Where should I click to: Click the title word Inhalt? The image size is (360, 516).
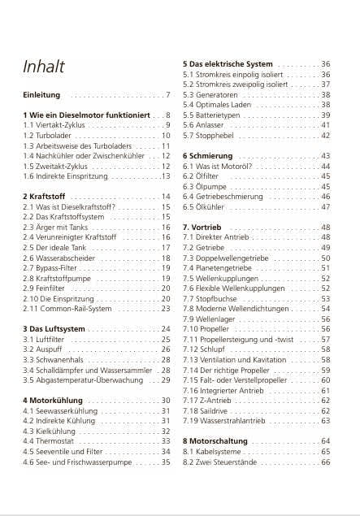click(x=44, y=67)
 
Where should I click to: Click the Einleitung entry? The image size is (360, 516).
click(x=41, y=95)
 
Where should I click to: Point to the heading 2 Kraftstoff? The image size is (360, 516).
click(x=46, y=197)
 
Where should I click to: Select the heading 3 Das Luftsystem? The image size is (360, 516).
click(x=54, y=328)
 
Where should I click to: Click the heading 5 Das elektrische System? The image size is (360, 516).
click(x=228, y=63)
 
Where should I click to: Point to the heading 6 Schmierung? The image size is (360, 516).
click(x=209, y=155)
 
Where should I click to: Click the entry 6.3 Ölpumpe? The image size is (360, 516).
click(x=205, y=186)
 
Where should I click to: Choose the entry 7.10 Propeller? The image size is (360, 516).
click(x=208, y=329)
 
